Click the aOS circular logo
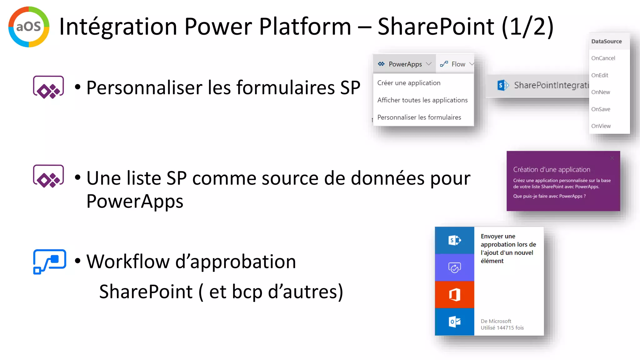pyautogui.click(x=29, y=27)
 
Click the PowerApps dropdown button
pyautogui.click(x=404, y=64)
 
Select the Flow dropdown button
pyautogui.click(x=457, y=64)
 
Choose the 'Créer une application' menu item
pyautogui.click(x=409, y=83)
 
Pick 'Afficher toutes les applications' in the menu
pyautogui.click(x=422, y=100)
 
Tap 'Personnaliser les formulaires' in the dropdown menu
pyautogui.click(x=419, y=117)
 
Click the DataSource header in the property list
pyautogui.click(x=606, y=41)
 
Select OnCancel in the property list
pyautogui.click(x=603, y=58)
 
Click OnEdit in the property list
pyautogui.click(x=599, y=75)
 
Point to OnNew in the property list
pyautogui.click(x=600, y=92)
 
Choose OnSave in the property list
pyautogui.click(x=600, y=109)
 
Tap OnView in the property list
pyautogui.click(x=601, y=126)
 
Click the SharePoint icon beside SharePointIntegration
pyautogui.click(x=502, y=85)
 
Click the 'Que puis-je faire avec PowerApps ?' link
pyautogui.click(x=549, y=196)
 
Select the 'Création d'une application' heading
pyautogui.click(x=552, y=169)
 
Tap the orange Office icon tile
pyautogui.click(x=454, y=294)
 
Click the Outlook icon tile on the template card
pyautogui.click(x=454, y=322)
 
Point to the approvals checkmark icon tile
pyautogui.click(x=454, y=267)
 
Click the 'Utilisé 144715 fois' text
pyautogui.click(x=502, y=327)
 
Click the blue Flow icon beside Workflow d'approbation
pyautogui.click(x=49, y=261)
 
